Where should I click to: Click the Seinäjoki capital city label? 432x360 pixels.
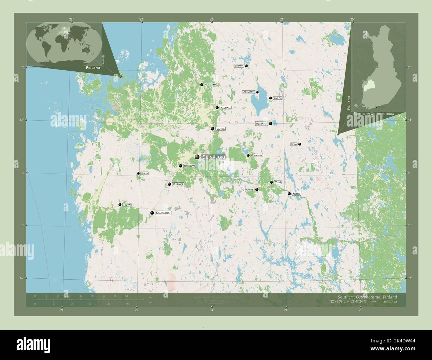click(214, 157)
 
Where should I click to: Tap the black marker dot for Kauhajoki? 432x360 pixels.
click(152, 213)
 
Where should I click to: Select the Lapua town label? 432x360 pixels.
click(220, 129)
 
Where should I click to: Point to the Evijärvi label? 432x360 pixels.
click(239, 66)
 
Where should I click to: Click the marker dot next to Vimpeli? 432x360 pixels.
click(270, 98)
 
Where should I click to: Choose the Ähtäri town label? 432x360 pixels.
click(296, 194)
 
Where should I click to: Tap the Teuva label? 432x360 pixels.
click(126, 205)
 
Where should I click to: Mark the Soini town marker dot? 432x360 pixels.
click(300, 144)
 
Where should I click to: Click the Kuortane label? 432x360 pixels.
click(257, 155)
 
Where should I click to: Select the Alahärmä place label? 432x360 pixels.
click(210, 85)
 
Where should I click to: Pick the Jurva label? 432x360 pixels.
click(144, 173)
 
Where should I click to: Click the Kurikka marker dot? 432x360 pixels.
click(169, 184)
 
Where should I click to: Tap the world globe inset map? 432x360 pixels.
click(64, 43)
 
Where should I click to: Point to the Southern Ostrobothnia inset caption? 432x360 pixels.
click(374, 114)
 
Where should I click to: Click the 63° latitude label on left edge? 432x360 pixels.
click(22, 120)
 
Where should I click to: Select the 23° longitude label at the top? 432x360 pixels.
click(212, 19)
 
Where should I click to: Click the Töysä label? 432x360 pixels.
click(277, 182)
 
